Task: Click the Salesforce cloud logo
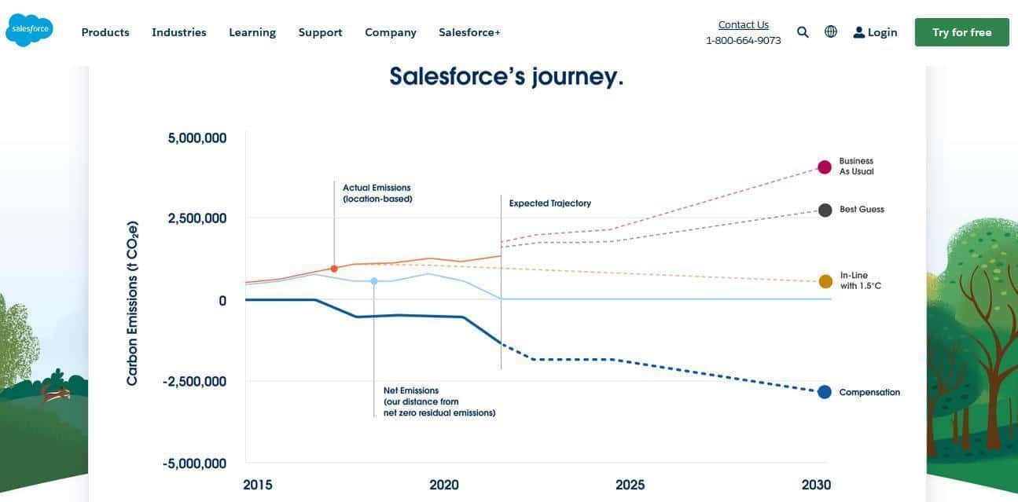click(30, 30)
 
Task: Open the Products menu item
click(105, 33)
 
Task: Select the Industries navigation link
click(179, 33)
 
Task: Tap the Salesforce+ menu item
click(469, 33)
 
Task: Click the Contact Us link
click(744, 24)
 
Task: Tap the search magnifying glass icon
click(803, 32)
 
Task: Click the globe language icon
click(831, 31)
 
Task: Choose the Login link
click(875, 33)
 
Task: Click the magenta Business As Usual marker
click(825, 167)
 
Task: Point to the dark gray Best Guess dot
click(825, 211)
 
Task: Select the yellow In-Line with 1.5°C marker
click(825, 282)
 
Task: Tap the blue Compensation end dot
click(825, 392)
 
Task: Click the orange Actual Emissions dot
click(334, 269)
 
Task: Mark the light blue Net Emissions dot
click(374, 282)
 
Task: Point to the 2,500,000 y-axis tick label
click(197, 218)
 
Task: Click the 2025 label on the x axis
click(630, 485)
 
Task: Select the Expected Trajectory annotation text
click(550, 203)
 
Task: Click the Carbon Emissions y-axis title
click(132, 303)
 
